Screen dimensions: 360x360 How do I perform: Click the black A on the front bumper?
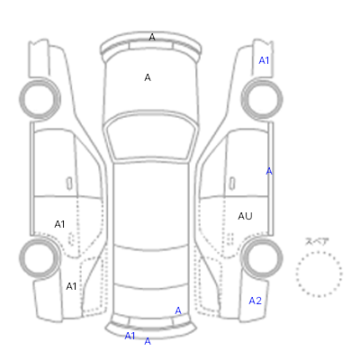click(152, 37)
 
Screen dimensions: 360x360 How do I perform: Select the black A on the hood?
click(148, 77)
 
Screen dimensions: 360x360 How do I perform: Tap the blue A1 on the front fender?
click(264, 60)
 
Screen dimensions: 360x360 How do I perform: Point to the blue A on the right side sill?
click(269, 171)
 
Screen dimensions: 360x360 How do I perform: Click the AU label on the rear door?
click(245, 216)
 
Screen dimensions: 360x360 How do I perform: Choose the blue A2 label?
click(256, 301)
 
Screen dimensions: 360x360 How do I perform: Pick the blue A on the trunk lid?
click(178, 310)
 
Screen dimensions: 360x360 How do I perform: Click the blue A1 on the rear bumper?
click(130, 336)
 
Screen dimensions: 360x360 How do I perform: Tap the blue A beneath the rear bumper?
click(148, 341)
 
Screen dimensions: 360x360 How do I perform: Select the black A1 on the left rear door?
click(59, 224)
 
